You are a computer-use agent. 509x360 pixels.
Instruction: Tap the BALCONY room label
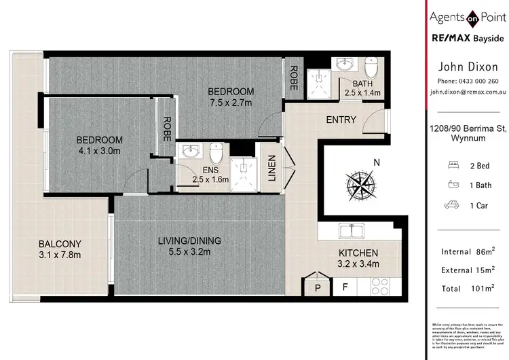click(x=60, y=244)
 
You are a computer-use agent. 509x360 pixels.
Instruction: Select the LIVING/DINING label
click(x=189, y=240)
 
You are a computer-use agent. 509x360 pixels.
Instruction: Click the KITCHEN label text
click(x=358, y=253)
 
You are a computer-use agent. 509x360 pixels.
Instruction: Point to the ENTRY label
click(x=341, y=120)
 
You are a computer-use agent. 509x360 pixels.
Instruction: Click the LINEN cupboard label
click(x=270, y=168)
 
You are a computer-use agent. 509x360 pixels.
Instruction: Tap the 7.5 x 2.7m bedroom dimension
click(x=230, y=103)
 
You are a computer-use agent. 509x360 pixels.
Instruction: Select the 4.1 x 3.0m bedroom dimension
click(x=99, y=152)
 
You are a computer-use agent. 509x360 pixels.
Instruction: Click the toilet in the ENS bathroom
click(x=216, y=151)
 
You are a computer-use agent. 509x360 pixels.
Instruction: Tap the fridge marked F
click(x=345, y=287)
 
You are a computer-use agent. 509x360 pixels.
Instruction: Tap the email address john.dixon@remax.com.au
click(x=468, y=90)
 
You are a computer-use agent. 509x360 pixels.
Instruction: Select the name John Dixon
click(x=468, y=67)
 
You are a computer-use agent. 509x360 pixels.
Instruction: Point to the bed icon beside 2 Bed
click(x=453, y=165)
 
